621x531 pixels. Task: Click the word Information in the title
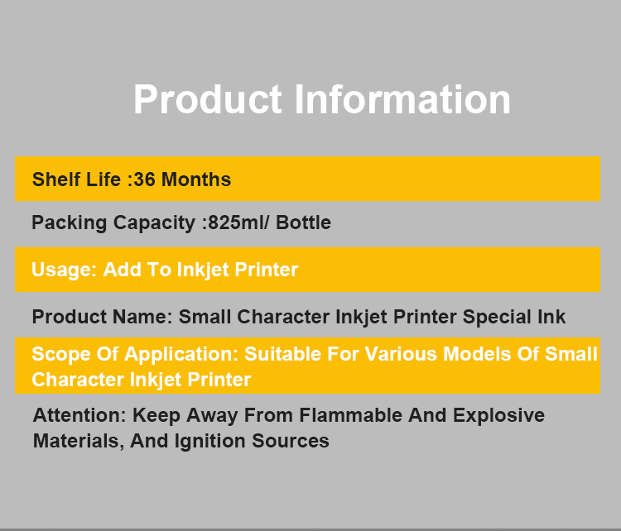pyautogui.click(x=402, y=99)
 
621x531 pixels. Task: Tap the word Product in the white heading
pyautogui.click(x=208, y=99)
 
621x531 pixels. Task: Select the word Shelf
pyautogui.click(x=56, y=179)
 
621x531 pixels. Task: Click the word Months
pyautogui.click(x=196, y=179)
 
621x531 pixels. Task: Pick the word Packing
pyautogui.click(x=70, y=222)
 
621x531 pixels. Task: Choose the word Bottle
pyautogui.click(x=303, y=222)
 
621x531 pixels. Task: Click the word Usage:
pyautogui.click(x=64, y=270)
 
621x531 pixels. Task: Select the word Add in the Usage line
pyautogui.click(x=122, y=270)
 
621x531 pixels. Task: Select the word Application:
pyautogui.click(x=181, y=354)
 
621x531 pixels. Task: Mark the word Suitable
pyautogui.click(x=282, y=354)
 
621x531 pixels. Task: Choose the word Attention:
pyautogui.click(x=79, y=415)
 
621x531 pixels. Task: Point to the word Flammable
pyautogui.click(x=351, y=415)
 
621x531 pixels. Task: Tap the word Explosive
pyautogui.click(x=498, y=416)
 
